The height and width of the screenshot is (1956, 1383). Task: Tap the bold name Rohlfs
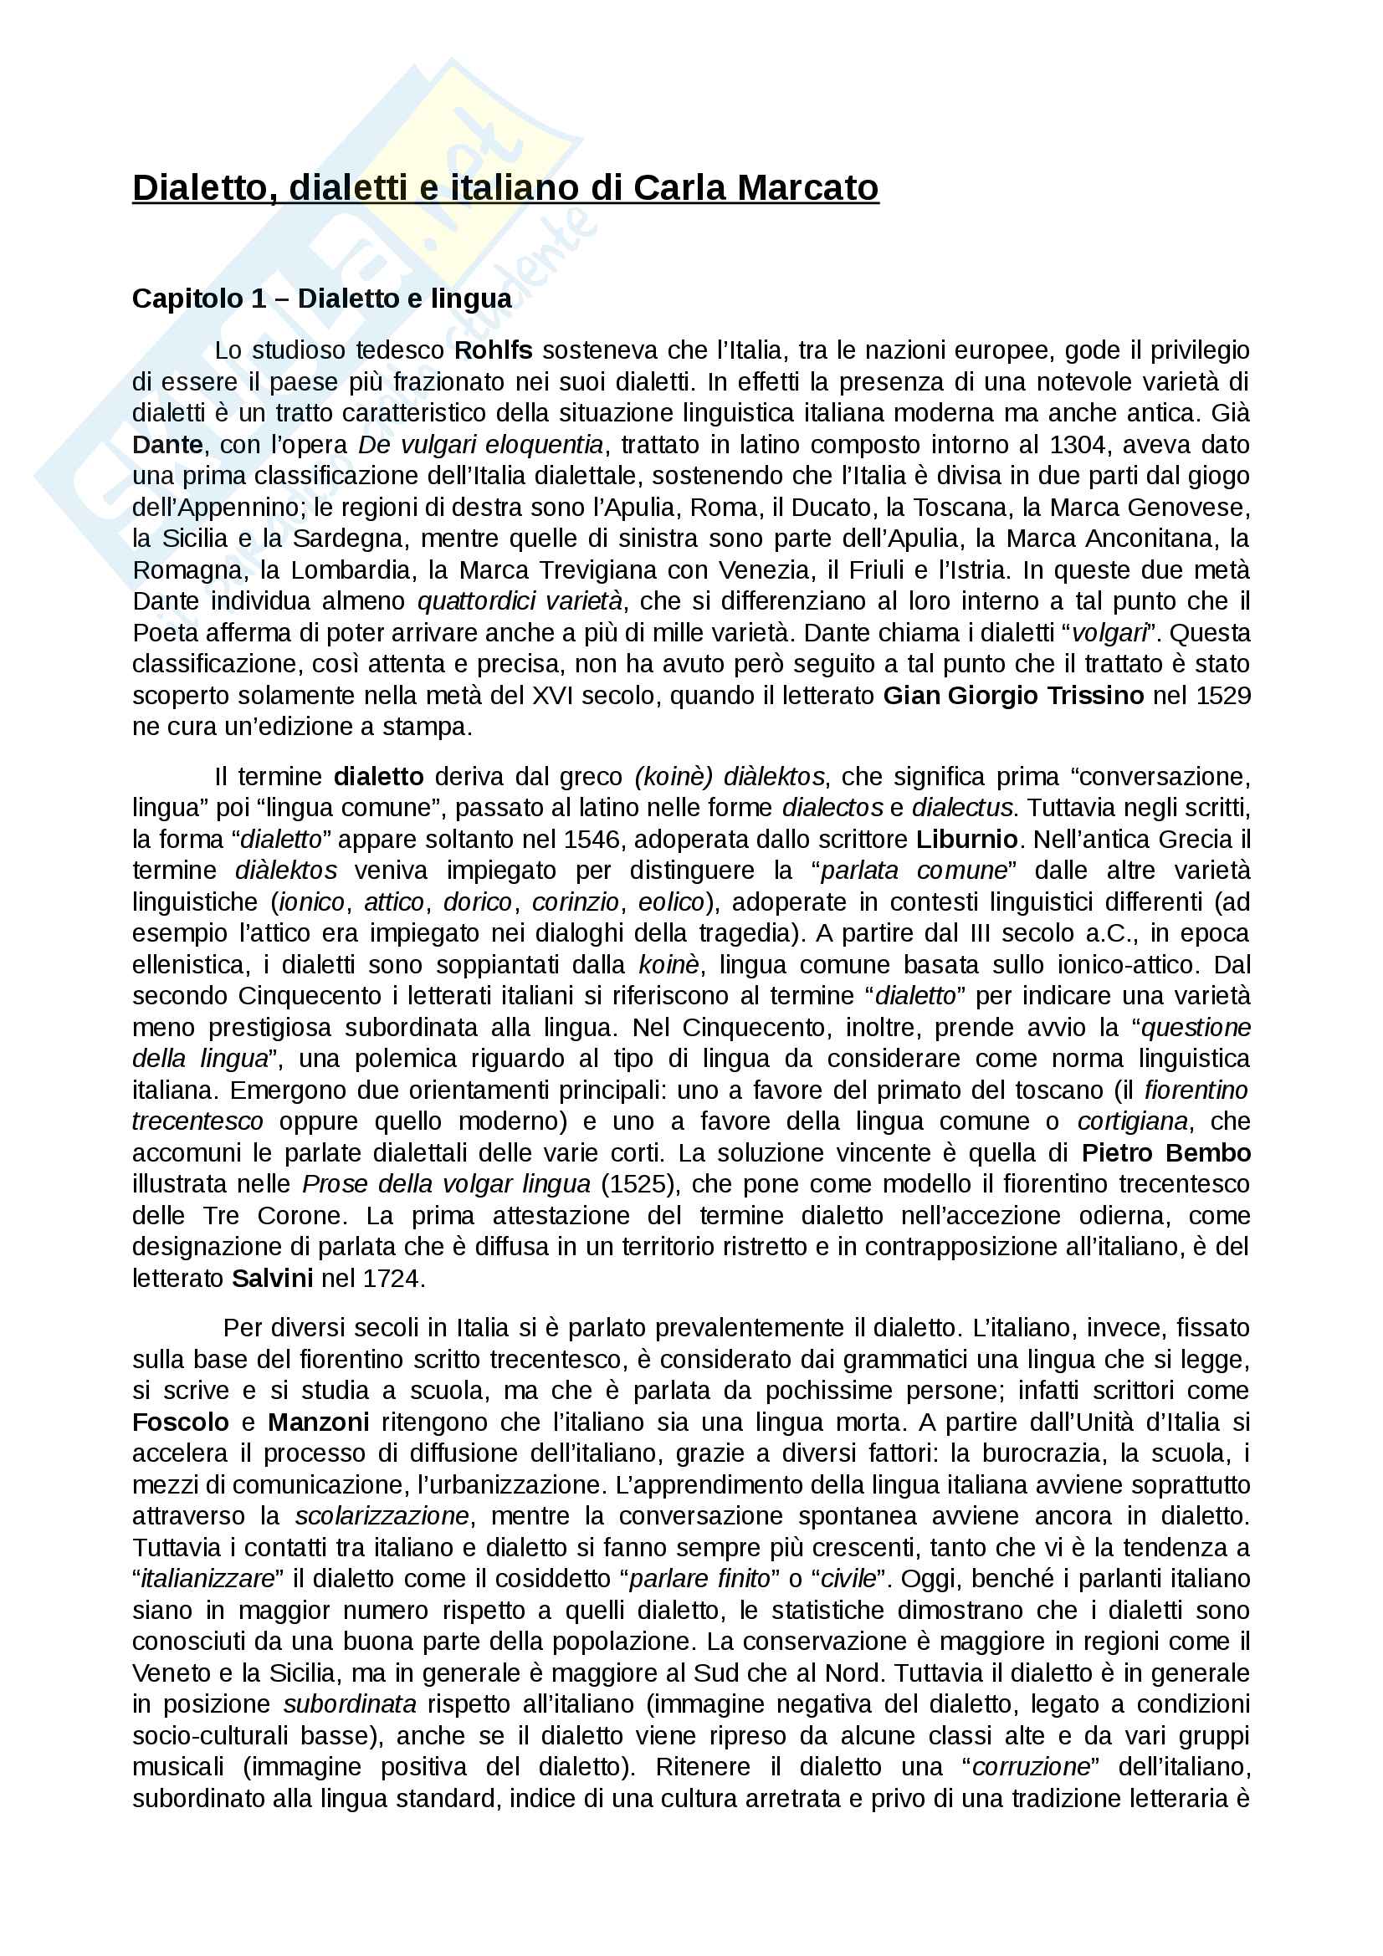click(494, 350)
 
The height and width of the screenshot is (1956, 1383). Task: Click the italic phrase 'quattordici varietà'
click(520, 601)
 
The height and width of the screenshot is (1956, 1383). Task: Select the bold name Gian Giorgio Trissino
click(1013, 696)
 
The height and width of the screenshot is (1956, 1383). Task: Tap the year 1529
click(1223, 696)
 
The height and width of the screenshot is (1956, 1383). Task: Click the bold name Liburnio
click(967, 839)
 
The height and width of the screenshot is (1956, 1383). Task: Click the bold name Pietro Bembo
click(1165, 1153)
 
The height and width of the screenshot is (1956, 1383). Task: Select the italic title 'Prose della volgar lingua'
click(447, 1185)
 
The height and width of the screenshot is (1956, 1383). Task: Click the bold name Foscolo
click(181, 1422)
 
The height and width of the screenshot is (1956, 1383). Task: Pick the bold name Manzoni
click(319, 1422)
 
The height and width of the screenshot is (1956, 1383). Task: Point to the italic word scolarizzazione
click(382, 1516)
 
